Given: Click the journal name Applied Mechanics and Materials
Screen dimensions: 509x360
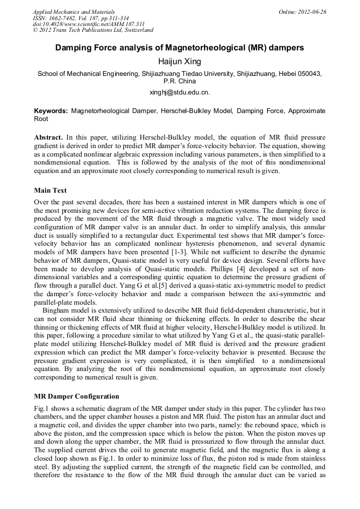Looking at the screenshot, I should tap(73, 12).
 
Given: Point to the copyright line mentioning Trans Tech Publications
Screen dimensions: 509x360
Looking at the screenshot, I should tap(93, 30).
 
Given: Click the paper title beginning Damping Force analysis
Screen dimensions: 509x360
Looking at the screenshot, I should tap(179, 48).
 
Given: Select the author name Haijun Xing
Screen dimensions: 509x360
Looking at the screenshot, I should tap(179, 62).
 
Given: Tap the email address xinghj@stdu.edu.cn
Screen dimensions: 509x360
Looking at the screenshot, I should tap(179, 92).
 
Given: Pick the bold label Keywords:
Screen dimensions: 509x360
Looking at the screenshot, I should tap(51, 111).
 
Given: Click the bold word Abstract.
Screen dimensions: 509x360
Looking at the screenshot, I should tap(48, 137).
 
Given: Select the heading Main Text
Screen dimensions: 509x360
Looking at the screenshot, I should tap(50, 190).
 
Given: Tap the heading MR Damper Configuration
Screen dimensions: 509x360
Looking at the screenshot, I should tap(76, 396).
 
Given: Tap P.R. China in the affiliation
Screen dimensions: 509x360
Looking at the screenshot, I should tap(179, 81).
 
